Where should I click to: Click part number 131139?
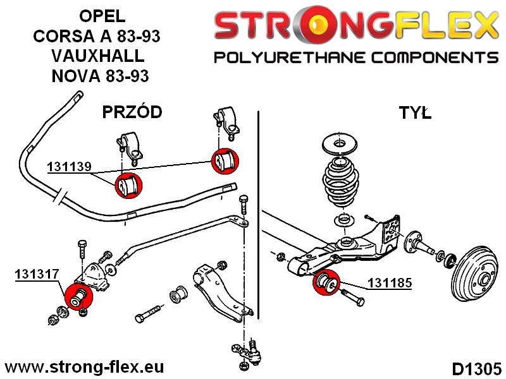pyautogui.click(x=69, y=167)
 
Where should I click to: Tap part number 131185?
pyautogui.click(x=390, y=284)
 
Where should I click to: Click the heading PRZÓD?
pyautogui.click(x=132, y=112)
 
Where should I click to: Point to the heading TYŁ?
pyautogui.click(x=414, y=113)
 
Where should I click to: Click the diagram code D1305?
pyautogui.click(x=476, y=368)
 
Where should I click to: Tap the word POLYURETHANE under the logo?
pyautogui.click(x=283, y=58)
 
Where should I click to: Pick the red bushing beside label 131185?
pyautogui.click(x=327, y=282)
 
